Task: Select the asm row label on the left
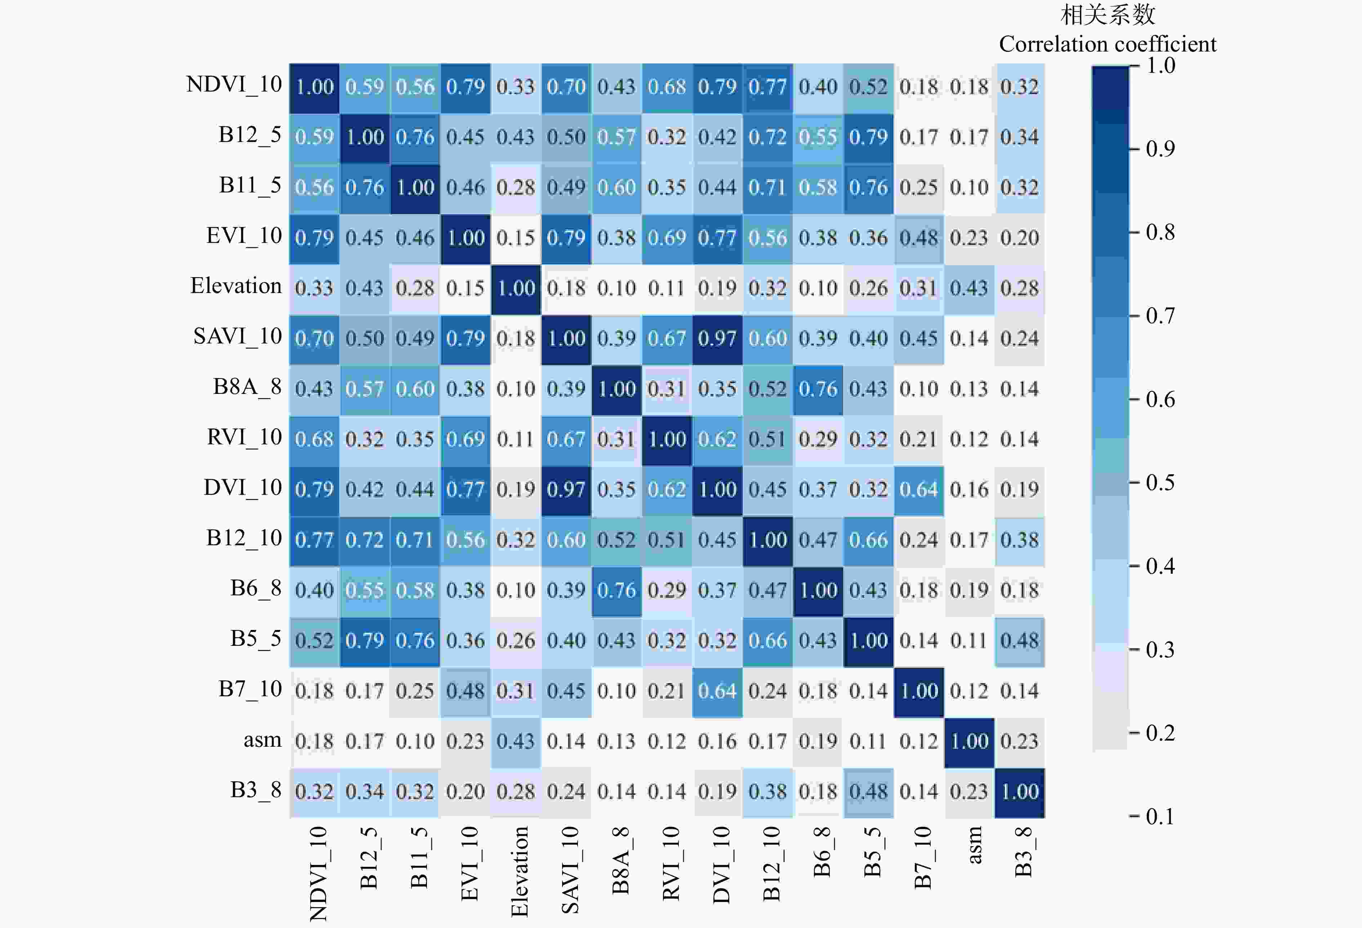click(x=262, y=740)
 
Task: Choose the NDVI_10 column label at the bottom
click(x=318, y=874)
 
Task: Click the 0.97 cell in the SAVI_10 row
click(x=717, y=339)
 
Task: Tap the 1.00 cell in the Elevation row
click(x=516, y=288)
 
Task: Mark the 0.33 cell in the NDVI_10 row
click(x=516, y=87)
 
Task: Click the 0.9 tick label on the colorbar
click(x=1160, y=149)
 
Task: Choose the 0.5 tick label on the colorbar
click(x=1160, y=483)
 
